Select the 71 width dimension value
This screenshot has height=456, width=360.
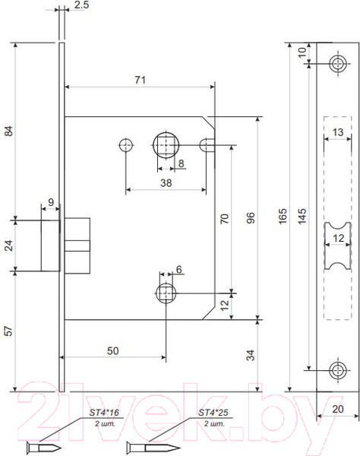pos(139,79)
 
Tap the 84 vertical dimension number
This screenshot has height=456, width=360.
pos(9,131)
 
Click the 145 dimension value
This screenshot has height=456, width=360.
pos(302,218)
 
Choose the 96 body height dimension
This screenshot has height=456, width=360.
pos(251,218)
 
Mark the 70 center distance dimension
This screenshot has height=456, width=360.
pos(224,218)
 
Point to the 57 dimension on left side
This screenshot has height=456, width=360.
pos(9,331)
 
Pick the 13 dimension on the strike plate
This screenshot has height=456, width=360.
pos(338,133)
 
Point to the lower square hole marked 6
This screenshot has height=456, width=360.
pos(165,293)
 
